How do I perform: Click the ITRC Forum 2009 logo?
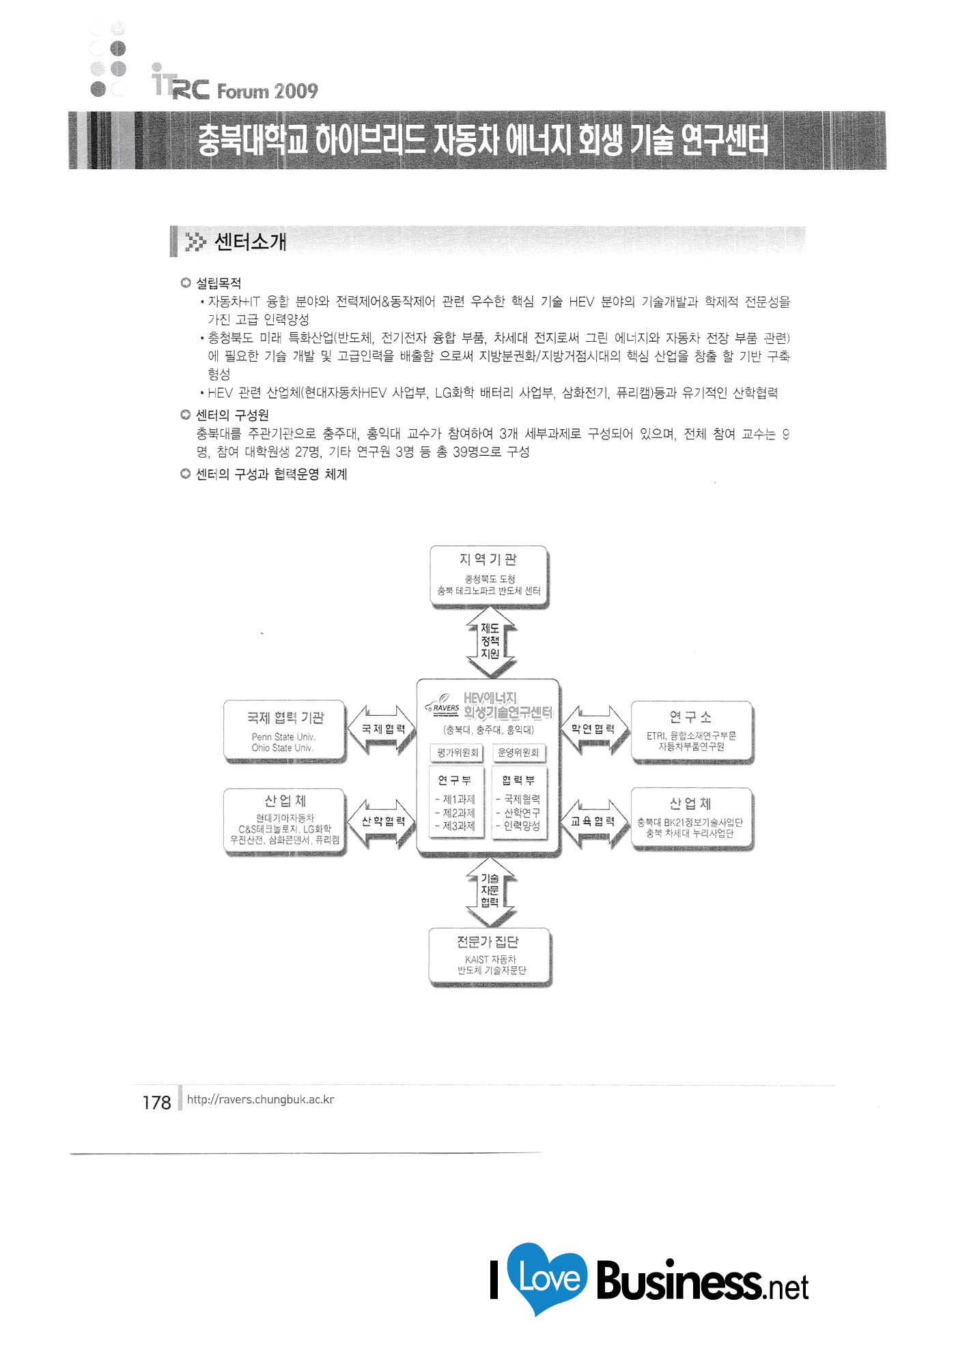click(x=234, y=85)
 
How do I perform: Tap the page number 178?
click(x=156, y=1103)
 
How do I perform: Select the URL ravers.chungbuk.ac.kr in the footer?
click(x=260, y=1099)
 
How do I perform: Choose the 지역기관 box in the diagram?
click(x=489, y=575)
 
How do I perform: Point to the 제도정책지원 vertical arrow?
click(x=490, y=641)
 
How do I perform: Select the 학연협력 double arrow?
click(x=593, y=729)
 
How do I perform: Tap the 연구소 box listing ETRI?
click(x=692, y=731)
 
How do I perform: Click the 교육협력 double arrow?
click(x=593, y=822)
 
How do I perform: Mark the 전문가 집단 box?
click(x=490, y=956)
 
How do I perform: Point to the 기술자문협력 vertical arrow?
click(x=490, y=890)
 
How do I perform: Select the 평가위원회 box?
click(x=458, y=753)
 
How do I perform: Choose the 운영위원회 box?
click(x=518, y=753)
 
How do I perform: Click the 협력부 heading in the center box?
click(x=518, y=780)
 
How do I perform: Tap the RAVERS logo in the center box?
click(x=445, y=707)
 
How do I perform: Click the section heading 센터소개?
click(x=250, y=242)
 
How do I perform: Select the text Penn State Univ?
click(x=283, y=736)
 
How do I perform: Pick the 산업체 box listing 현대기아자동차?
click(x=285, y=821)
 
